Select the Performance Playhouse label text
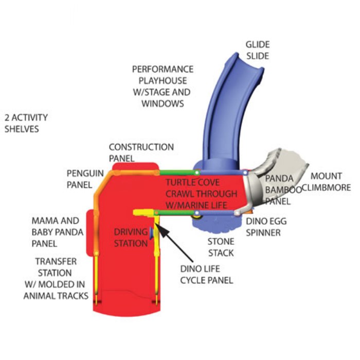coord(163,86)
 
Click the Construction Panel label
coord(141,153)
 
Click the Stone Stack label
coord(221,246)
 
